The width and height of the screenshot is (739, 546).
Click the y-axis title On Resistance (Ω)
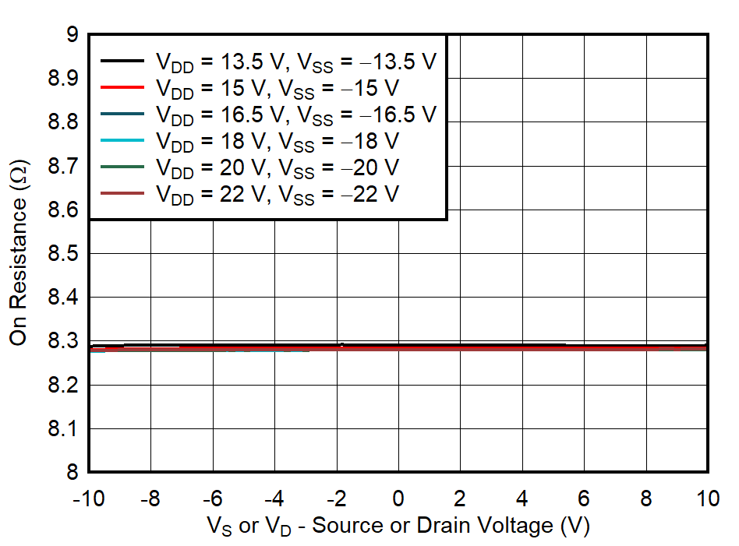19,254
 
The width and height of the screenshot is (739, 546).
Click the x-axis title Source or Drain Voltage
398,526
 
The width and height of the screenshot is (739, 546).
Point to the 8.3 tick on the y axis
62,341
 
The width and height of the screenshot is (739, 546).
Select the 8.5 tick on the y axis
62,254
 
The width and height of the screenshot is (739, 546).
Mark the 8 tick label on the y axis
72,473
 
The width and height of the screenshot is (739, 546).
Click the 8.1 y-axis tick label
62,429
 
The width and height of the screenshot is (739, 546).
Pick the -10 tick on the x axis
90,497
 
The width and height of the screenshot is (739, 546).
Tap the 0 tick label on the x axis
398,497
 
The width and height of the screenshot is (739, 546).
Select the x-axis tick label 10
706,497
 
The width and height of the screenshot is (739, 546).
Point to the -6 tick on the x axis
213,497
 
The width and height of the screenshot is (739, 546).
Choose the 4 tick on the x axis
522,497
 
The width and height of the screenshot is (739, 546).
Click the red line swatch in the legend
122,87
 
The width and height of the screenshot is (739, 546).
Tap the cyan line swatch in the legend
122,141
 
